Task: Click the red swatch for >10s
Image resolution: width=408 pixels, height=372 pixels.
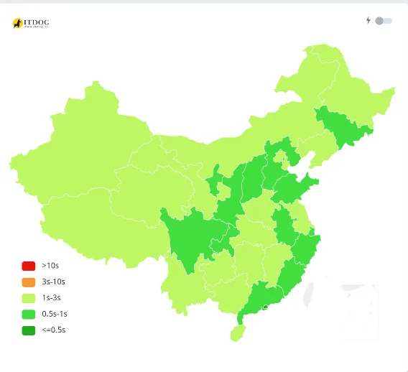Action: [x=28, y=266]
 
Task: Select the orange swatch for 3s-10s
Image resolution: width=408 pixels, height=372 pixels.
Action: [x=28, y=282]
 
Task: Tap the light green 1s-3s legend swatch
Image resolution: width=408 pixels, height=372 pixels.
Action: [x=28, y=298]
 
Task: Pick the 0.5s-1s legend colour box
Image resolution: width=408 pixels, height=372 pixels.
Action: [x=28, y=314]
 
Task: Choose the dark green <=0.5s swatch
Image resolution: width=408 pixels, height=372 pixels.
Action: [x=28, y=330]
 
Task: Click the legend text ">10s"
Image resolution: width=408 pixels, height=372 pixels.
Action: [x=50, y=266]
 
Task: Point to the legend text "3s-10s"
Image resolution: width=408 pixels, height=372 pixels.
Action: [x=54, y=282]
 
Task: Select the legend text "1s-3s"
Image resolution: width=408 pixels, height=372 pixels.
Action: [x=52, y=298]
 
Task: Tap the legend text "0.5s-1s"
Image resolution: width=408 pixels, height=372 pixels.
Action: [x=55, y=314]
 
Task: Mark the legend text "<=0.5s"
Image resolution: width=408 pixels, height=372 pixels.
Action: [x=55, y=330]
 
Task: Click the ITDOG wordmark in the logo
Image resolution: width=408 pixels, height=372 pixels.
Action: [x=37, y=22]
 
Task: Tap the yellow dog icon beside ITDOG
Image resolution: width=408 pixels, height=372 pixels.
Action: [x=17, y=24]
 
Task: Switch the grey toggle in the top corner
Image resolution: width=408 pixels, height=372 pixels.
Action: [x=383, y=21]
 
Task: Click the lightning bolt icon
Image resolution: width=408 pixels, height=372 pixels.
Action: [x=368, y=21]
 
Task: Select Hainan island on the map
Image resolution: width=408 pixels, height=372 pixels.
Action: [x=236, y=333]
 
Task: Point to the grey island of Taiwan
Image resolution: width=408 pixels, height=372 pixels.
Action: [x=311, y=294]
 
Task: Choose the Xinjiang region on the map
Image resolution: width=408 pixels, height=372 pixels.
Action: [x=79, y=144]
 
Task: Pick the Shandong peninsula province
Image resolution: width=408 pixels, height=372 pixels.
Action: [x=291, y=188]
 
